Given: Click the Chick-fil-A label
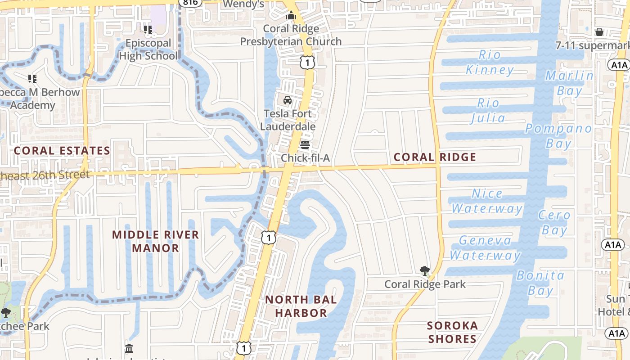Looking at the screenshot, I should pos(305,158).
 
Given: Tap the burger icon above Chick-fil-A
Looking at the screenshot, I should pos(305,145).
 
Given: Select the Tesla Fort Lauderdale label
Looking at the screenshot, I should pos(288,120).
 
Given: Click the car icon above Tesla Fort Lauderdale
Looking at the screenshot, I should pos(288,100).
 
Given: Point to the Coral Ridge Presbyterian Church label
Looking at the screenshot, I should pos(291,35).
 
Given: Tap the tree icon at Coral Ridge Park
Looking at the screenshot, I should pos(424,270).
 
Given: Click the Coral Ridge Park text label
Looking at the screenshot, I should pos(425,284).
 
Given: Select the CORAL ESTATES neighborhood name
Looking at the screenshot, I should pos(62,151).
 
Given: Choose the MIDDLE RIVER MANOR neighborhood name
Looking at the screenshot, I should pos(155,241).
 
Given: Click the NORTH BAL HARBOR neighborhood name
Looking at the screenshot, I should pos(301,306).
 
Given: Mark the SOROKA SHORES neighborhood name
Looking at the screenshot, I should pos(452,332).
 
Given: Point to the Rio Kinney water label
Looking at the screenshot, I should pos(490,62).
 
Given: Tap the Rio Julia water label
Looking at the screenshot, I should pos(488,110).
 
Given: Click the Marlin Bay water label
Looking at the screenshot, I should pos(569,83).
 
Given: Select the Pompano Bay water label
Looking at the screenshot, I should pos(558,135).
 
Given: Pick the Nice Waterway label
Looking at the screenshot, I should pos(487,201).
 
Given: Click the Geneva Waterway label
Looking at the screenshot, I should pos(485,247).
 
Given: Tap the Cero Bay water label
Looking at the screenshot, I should pos(554,222).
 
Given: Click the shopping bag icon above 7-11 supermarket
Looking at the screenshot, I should pos(599,32).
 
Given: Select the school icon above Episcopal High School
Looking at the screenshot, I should pos(148,30).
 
